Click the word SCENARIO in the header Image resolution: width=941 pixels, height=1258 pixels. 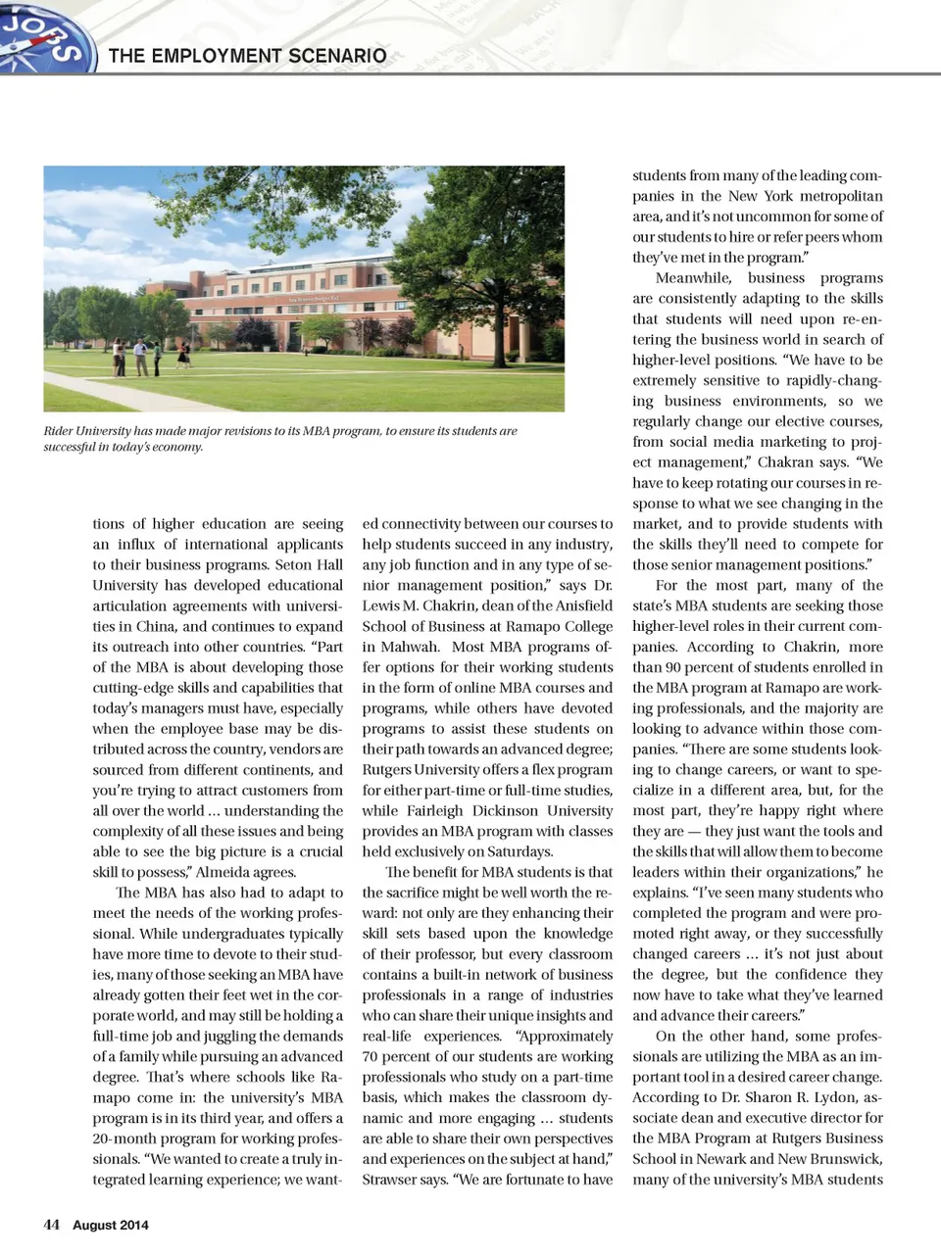click(336, 56)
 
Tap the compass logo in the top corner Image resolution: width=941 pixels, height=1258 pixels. click(44, 36)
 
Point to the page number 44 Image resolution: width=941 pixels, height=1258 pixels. click(52, 1225)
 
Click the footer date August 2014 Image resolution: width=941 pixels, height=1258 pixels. click(111, 1225)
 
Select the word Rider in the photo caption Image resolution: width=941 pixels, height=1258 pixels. click(59, 431)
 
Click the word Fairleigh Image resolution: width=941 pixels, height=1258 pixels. click(433, 810)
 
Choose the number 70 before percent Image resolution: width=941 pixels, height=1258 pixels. click(371, 1056)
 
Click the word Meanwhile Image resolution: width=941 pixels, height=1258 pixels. click(693, 278)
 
